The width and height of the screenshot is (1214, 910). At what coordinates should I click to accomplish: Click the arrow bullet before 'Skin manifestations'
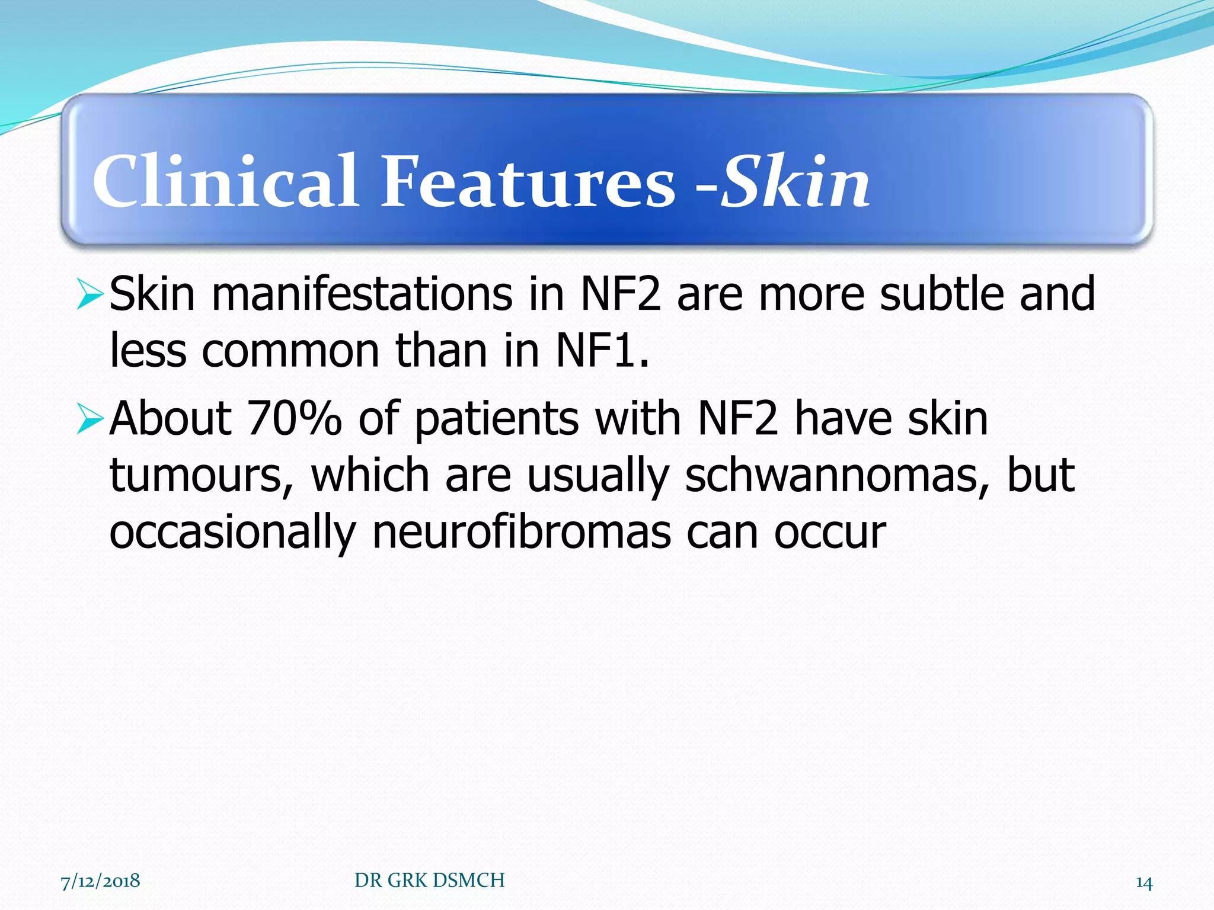pyautogui.click(x=90, y=295)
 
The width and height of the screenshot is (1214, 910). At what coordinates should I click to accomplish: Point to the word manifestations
pyautogui.click(x=362, y=294)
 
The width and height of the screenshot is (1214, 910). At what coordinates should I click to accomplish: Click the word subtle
pyautogui.click(x=941, y=294)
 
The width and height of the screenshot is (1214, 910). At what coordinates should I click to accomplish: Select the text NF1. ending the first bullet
pyautogui.click(x=602, y=351)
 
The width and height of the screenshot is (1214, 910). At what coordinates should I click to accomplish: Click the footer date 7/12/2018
pyautogui.click(x=100, y=880)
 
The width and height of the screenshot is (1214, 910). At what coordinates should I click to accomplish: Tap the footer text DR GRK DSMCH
pyautogui.click(x=429, y=880)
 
